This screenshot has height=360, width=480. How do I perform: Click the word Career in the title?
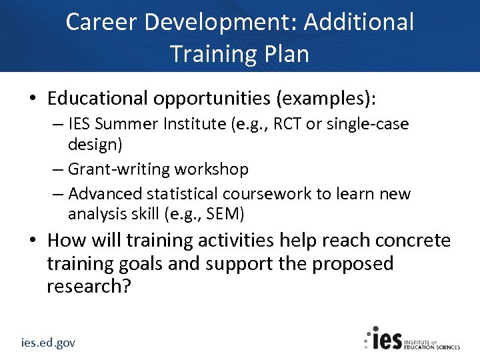102,22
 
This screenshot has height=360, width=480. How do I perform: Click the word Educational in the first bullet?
98,99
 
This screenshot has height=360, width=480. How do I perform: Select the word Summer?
138,124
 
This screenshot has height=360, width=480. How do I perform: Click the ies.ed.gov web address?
48,343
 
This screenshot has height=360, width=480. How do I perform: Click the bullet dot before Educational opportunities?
32,99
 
